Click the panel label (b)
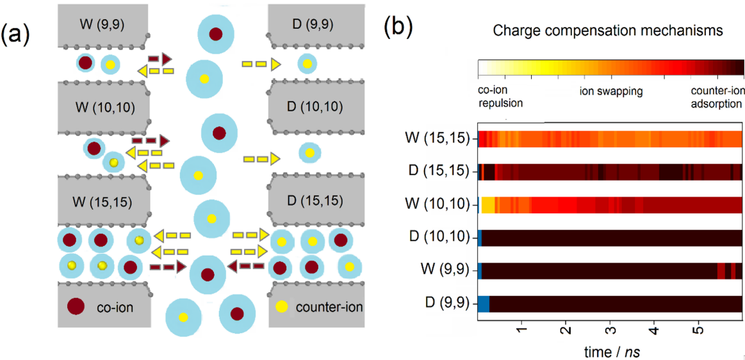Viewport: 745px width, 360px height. (398, 26)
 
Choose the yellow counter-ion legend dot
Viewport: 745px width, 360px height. (281, 307)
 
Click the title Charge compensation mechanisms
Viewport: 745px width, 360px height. (609, 30)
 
